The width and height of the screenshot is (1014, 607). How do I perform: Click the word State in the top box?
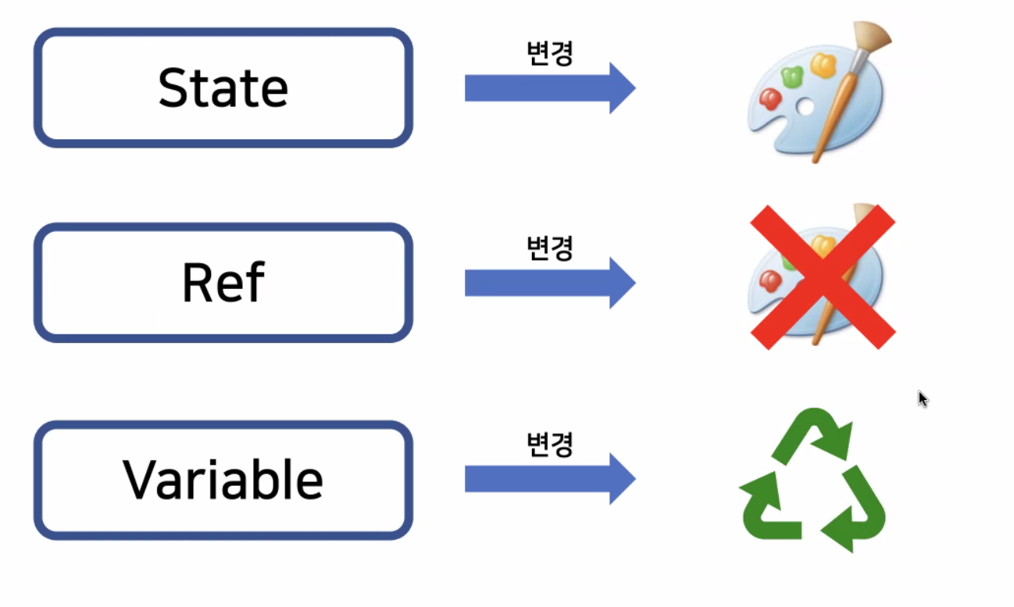pos(223,87)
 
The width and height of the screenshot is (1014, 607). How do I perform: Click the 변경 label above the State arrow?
pos(550,53)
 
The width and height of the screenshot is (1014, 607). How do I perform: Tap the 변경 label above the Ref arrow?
pos(550,248)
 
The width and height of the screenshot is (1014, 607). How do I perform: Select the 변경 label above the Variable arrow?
pos(550,444)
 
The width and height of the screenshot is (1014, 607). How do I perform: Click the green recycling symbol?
pos(813,480)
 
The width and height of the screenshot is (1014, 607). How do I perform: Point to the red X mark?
pos(823,277)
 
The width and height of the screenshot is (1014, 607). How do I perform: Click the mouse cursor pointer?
pos(922,398)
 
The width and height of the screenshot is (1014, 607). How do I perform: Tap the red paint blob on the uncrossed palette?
pos(770,98)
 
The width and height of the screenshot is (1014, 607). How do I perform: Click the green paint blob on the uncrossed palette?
pos(791,76)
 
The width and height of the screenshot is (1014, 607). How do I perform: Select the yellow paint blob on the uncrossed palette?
pos(823,65)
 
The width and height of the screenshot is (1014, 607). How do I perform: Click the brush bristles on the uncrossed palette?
pos(873,35)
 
